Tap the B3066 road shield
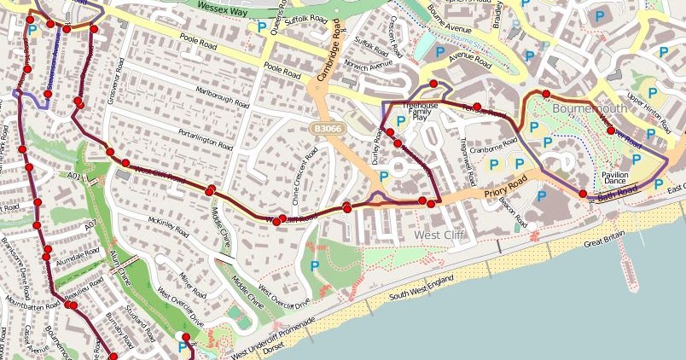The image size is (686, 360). [323, 126]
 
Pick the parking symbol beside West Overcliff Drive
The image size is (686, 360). [314, 267]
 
